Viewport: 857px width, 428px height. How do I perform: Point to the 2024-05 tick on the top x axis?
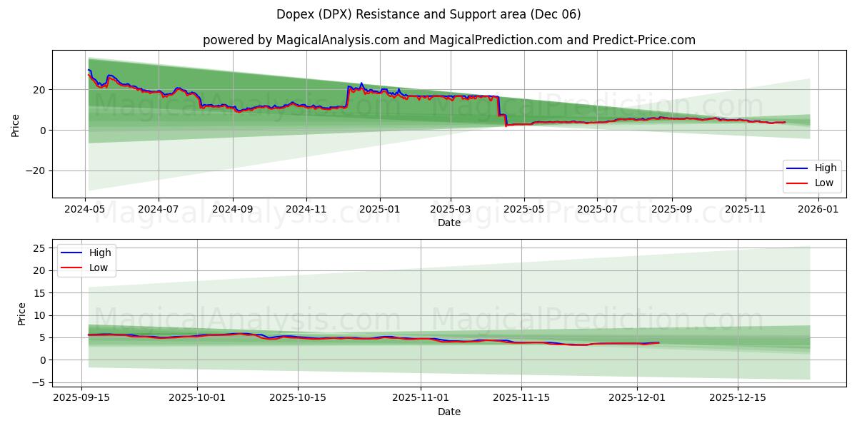(85, 210)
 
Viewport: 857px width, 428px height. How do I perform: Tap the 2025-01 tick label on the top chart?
(379, 210)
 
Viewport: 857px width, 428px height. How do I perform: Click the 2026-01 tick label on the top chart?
(818, 210)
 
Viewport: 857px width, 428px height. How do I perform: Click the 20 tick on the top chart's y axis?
(39, 90)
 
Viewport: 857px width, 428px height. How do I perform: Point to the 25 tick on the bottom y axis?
(39, 248)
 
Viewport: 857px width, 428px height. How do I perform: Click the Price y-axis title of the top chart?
(16, 125)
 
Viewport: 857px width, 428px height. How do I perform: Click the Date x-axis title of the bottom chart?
(448, 412)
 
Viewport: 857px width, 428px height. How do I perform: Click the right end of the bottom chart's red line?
(658, 343)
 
